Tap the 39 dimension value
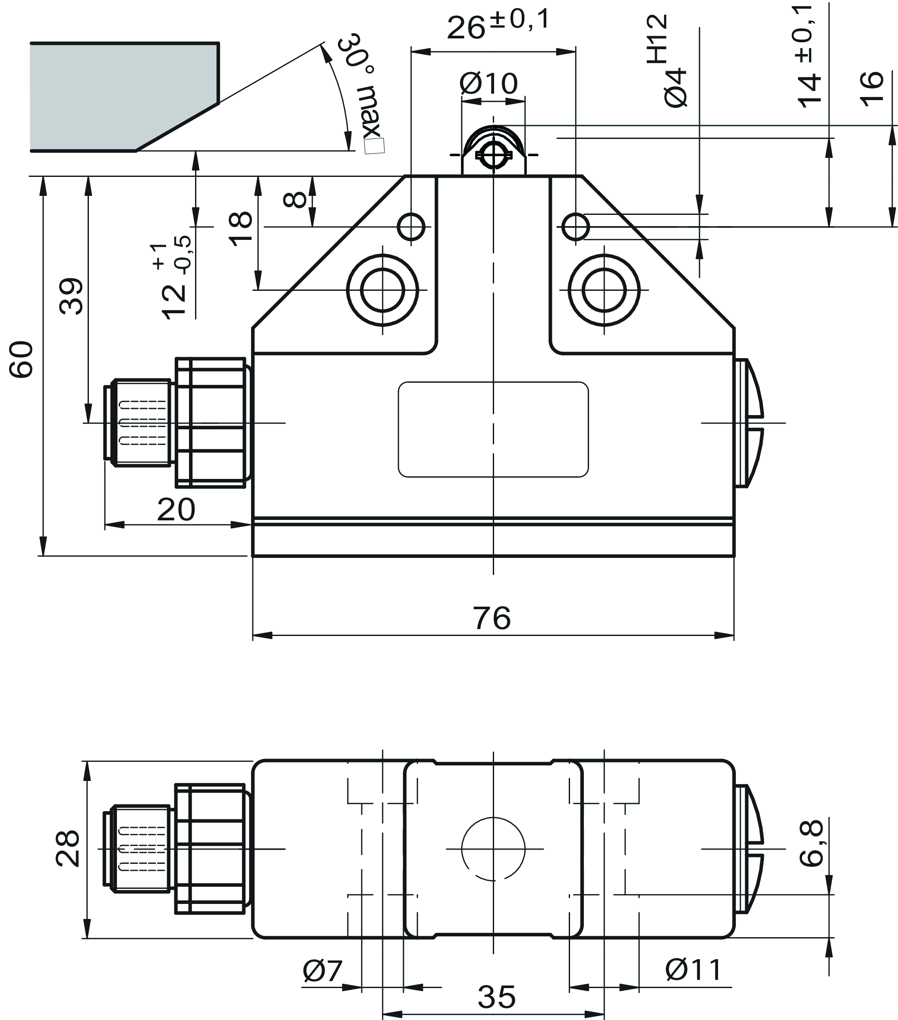click(71, 296)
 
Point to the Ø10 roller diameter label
click(488, 83)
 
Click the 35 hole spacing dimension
click(496, 998)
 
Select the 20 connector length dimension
click(176, 510)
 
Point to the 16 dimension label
click(871, 89)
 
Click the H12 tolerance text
click(657, 38)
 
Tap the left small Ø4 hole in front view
click(411, 227)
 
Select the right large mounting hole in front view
click(604, 290)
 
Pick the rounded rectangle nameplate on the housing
click(493, 429)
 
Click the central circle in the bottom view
click(493, 848)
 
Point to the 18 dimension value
click(241, 229)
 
